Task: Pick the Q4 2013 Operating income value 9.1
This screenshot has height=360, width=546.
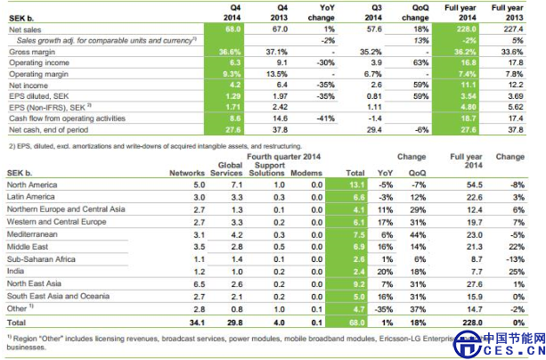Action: (280, 63)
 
